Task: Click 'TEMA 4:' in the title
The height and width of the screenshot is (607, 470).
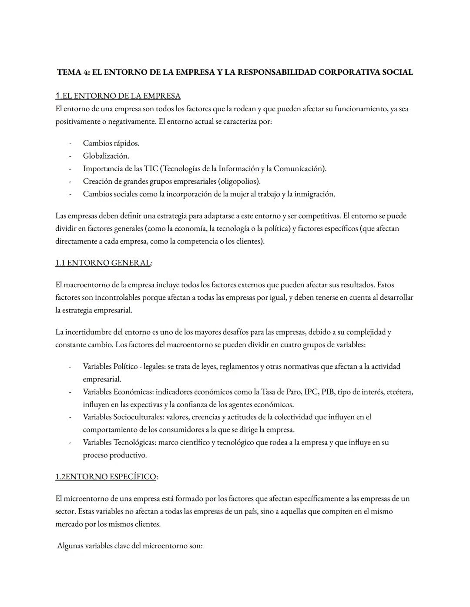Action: tap(73, 72)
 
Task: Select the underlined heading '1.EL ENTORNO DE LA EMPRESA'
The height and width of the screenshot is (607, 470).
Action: tap(117, 96)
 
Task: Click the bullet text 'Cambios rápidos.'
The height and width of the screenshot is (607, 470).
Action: tap(111, 143)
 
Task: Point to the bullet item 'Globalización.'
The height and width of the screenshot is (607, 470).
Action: tap(106, 156)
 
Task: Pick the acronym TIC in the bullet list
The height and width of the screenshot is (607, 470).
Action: tap(151, 169)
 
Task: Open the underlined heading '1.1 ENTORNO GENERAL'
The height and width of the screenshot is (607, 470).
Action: tap(103, 263)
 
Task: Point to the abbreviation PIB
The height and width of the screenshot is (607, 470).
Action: tap(328, 392)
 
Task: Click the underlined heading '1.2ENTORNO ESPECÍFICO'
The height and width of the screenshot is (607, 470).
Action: tap(105, 477)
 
